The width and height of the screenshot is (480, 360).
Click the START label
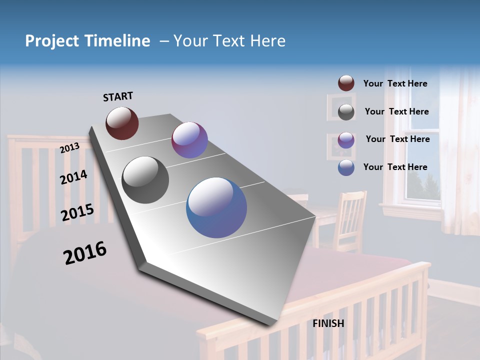point(118,96)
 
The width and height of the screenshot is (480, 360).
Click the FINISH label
point(328,323)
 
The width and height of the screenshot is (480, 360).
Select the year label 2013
point(70,148)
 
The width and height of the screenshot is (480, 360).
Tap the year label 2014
point(73,177)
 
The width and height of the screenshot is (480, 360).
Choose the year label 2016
point(85,253)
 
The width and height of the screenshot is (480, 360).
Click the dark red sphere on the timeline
point(122,123)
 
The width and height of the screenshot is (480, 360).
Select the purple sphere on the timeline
point(189,140)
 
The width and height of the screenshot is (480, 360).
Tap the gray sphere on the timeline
point(145,180)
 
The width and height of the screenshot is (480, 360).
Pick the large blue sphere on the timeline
point(216,207)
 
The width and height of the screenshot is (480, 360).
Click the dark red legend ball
point(346,83)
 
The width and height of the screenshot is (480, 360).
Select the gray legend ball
point(346,111)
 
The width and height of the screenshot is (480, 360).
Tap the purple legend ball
point(346,139)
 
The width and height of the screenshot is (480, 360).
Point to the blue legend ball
point(346,167)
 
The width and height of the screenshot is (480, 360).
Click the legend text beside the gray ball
point(396,111)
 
